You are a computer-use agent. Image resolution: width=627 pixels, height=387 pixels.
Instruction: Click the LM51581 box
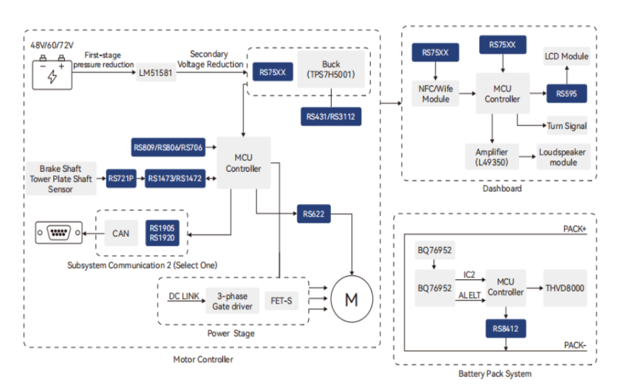[156, 73]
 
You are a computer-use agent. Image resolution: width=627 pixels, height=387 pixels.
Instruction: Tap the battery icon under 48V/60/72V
[52, 73]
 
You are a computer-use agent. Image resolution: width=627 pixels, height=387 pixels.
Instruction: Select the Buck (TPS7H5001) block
[331, 69]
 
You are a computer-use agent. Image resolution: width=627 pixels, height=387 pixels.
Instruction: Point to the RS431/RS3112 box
[331, 116]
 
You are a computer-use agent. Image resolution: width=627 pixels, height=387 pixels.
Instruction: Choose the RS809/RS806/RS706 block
[168, 147]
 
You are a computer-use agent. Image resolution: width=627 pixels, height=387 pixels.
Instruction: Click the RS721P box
[121, 178]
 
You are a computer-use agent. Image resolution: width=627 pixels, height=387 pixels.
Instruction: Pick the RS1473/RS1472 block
[175, 178]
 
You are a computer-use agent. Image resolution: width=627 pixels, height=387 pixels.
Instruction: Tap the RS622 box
[313, 213]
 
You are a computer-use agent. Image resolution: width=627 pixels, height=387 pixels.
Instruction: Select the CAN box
[121, 234]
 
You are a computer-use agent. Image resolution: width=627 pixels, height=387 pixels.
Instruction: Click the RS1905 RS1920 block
[162, 234]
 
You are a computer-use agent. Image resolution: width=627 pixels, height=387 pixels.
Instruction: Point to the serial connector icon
[59, 232]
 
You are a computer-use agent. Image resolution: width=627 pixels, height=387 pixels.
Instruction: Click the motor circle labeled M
[352, 299]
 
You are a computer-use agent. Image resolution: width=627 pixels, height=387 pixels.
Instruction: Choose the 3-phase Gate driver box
[233, 301]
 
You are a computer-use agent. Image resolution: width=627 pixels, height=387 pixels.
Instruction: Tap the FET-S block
[282, 301]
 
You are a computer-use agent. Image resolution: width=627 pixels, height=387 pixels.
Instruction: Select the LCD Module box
[566, 57]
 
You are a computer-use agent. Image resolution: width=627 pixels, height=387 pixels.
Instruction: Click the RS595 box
[566, 94]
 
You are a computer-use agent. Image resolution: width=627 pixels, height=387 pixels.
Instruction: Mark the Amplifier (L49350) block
[492, 157]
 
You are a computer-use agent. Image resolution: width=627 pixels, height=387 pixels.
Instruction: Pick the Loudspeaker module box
[563, 157]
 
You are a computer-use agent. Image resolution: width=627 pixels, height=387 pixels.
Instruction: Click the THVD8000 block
[564, 288]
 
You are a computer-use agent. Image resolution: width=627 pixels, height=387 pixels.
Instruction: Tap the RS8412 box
[506, 328]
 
